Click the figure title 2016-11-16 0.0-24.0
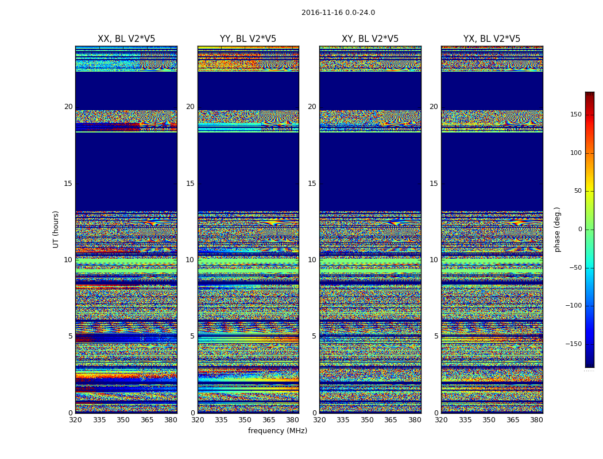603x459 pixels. (x=338, y=13)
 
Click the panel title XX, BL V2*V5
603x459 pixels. (x=126, y=39)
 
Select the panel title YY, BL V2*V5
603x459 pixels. (x=248, y=39)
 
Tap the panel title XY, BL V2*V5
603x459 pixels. (x=370, y=39)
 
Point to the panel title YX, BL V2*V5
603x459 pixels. (x=492, y=39)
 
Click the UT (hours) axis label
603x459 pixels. (x=56, y=229)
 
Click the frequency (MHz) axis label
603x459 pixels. (x=277, y=431)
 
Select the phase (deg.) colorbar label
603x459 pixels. (x=557, y=229)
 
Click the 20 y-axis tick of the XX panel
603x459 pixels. (x=68, y=107)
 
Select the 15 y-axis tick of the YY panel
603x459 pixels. (x=190, y=184)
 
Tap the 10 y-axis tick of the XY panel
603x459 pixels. (x=312, y=260)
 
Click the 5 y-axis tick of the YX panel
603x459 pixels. (x=436, y=336)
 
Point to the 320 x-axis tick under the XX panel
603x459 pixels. (x=75, y=420)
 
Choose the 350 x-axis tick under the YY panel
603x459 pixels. (x=245, y=420)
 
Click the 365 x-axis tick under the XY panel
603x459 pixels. (x=391, y=420)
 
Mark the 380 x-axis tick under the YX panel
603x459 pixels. (x=536, y=420)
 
